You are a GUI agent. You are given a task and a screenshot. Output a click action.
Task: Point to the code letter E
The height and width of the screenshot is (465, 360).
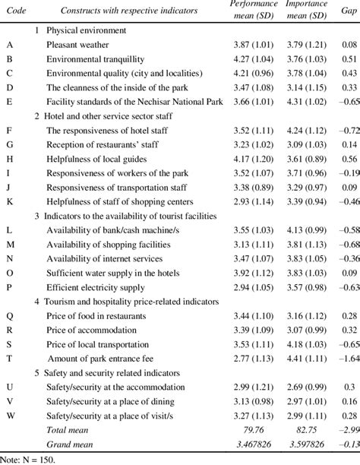click(8, 101)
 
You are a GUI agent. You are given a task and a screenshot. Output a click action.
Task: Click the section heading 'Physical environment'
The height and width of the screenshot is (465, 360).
click(81, 31)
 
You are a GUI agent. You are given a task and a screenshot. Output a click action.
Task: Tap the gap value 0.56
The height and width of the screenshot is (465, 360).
click(349, 158)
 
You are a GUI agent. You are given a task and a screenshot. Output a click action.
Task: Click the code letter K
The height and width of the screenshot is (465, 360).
click(8, 201)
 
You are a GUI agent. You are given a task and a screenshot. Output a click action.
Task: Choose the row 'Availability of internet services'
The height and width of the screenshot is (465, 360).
click(106, 258)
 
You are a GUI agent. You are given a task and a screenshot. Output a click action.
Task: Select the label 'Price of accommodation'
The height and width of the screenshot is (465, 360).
click(90, 329)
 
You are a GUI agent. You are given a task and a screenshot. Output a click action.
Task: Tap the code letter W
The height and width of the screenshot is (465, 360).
click(9, 415)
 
